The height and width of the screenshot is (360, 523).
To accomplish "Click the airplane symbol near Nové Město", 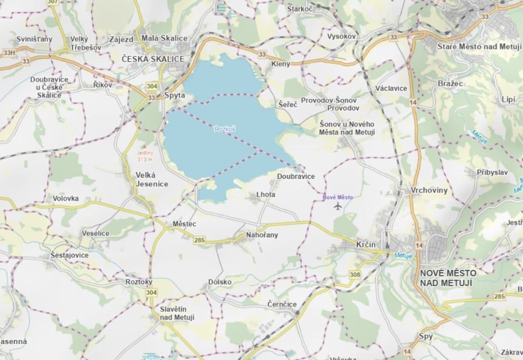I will click(338, 206).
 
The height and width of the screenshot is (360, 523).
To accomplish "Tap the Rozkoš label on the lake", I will click(225, 129).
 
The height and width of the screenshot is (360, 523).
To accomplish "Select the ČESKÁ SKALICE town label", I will click(153, 59).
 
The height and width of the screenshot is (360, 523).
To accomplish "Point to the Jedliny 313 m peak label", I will click(145, 156).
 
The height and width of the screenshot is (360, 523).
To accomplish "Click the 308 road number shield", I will click(355, 274).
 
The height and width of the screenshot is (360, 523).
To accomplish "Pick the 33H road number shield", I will click(9, 52).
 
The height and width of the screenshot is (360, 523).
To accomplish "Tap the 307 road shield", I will click(53, 2).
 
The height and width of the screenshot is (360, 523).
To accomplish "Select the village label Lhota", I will click(265, 194).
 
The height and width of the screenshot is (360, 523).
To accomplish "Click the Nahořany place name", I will click(262, 235).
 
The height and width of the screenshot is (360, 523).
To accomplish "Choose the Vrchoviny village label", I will click(429, 190).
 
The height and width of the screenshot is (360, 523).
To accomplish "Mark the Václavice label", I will click(393, 88).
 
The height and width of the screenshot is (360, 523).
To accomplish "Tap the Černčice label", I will click(282, 304).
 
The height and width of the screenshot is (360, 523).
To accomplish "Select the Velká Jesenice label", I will click(152, 179).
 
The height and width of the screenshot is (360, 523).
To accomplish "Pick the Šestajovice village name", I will click(69, 255).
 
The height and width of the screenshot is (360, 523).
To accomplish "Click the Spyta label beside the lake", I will click(175, 95).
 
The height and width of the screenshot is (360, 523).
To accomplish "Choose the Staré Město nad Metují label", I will click(478, 47).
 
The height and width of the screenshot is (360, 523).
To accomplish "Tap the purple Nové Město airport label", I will click(338, 197).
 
